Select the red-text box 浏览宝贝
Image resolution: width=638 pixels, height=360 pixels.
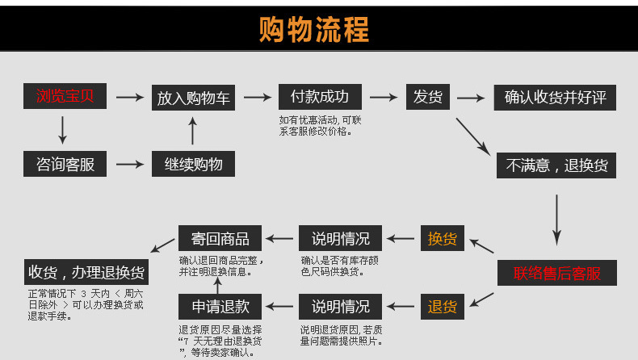(65, 97)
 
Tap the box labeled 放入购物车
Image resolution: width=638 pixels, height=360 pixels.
(194, 98)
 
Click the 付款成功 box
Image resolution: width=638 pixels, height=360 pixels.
(319, 97)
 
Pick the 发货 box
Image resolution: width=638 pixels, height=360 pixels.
(427, 97)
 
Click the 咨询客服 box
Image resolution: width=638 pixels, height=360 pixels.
(65, 165)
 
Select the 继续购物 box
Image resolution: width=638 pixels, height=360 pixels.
(194, 165)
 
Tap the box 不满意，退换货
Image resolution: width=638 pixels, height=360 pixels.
(556, 165)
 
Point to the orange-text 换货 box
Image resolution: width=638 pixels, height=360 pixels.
(442, 239)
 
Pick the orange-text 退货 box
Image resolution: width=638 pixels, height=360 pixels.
(442, 307)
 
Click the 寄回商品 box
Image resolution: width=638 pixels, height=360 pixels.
(220, 239)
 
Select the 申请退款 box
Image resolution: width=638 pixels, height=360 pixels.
(220, 307)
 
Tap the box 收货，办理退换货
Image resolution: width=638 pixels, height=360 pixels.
(86, 271)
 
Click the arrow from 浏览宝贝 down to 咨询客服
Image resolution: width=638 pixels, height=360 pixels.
(63, 130)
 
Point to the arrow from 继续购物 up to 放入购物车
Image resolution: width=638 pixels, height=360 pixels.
(192, 131)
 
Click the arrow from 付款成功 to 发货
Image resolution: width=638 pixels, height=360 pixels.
(383, 98)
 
